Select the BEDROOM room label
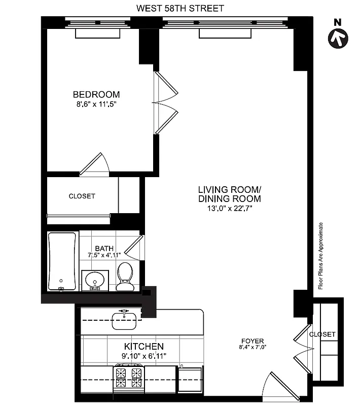click(96, 94)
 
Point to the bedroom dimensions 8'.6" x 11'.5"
click(96, 105)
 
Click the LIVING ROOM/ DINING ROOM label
click(229, 194)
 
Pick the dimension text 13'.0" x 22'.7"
click(229, 208)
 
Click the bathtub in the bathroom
click(62, 261)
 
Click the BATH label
click(104, 248)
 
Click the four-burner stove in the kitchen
click(129, 376)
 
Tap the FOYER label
click(252, 341)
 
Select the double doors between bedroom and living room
click(166, 103)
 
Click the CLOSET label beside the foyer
click(322, 334)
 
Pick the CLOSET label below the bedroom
click(82, 196)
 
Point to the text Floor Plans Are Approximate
click(320, 256)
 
